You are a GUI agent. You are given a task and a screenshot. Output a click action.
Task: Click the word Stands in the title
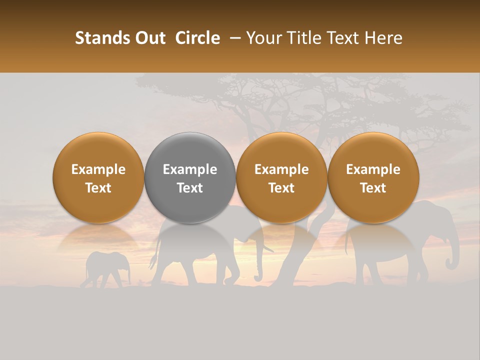(101, 38)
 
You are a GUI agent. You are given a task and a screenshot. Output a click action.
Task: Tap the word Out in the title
(149, 38)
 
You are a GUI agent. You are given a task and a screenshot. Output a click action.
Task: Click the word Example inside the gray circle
(190, 169)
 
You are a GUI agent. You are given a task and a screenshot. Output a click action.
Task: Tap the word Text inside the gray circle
(190, 188)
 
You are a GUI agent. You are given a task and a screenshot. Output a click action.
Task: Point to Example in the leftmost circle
(98, 169)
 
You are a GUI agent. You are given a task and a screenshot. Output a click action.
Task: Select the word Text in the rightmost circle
(373, 188)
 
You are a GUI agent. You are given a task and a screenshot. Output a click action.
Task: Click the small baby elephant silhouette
(106, 267)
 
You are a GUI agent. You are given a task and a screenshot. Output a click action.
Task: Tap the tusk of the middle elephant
(267, 248)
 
